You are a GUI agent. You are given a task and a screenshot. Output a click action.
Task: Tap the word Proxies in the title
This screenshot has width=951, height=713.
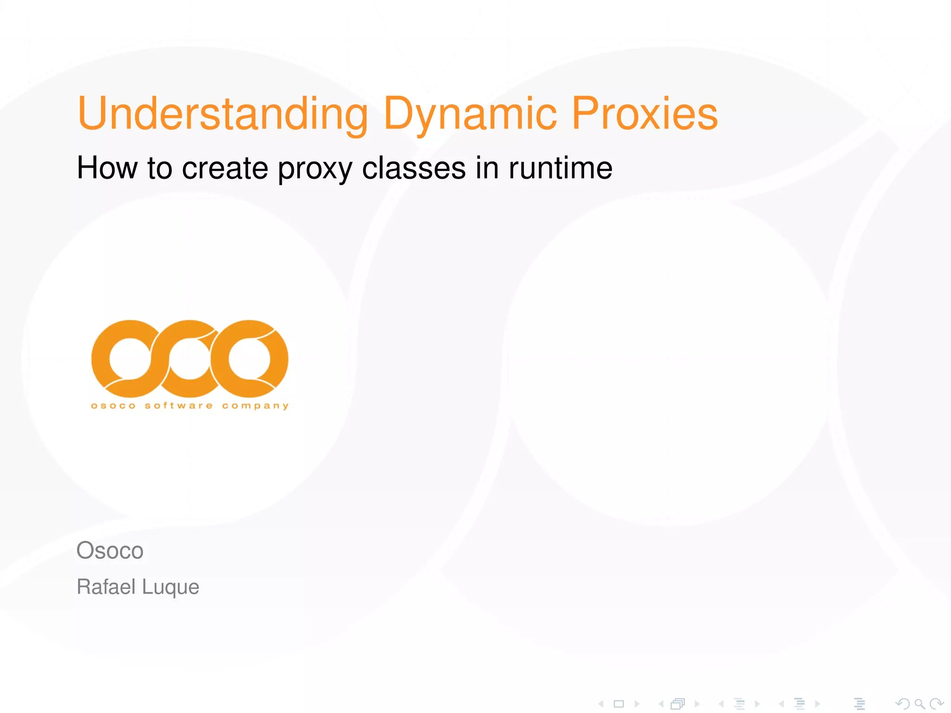pos(645,114)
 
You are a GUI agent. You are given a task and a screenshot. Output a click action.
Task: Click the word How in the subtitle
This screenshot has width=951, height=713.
pos(107,168)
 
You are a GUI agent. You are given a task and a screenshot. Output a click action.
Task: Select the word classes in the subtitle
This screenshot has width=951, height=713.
pos(413,168)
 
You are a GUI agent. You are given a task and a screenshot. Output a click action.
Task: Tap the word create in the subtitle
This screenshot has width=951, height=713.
pos(225,168)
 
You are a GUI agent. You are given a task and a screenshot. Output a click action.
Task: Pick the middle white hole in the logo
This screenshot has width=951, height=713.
pos(189,358)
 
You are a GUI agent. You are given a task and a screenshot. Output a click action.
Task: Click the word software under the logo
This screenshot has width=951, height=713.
pos(178,406)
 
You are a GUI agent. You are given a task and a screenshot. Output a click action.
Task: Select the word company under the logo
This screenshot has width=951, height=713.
pos(255,406)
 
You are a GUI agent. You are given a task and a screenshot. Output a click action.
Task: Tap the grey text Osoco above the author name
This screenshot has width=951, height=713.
pos(110,551)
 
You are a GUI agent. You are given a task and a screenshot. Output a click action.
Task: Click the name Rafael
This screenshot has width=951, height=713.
pos(106,587)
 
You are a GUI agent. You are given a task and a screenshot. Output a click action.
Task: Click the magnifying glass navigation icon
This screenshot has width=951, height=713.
pos(919,704)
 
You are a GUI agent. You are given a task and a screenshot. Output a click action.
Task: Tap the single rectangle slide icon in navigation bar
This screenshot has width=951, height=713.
pos(619,704)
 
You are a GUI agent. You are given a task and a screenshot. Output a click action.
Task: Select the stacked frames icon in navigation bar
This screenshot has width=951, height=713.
pos(678,704)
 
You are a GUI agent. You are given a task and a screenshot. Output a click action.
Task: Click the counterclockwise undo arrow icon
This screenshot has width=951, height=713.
pos(902,704)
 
